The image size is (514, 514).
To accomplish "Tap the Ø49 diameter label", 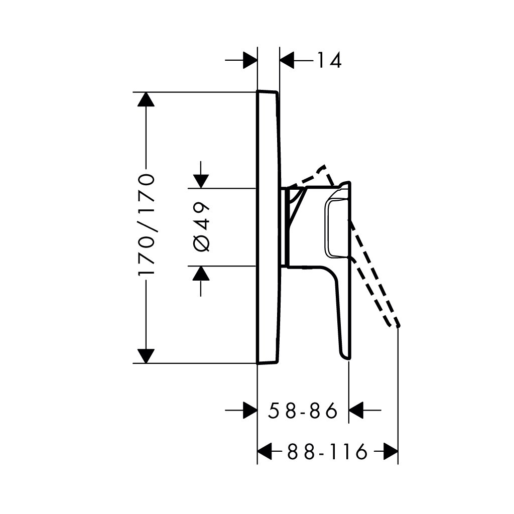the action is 201,227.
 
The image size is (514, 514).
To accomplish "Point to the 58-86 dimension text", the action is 303,411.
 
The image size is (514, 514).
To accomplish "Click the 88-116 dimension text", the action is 327,452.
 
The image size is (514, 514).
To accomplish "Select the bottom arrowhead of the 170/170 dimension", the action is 146,356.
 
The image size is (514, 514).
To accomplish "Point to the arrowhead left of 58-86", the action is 250,410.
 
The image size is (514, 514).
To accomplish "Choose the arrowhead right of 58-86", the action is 355,410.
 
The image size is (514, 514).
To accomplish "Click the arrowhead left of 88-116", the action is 265,452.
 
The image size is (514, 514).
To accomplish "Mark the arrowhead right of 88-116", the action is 391,452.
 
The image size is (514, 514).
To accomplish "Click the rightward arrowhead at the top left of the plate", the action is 250,61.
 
